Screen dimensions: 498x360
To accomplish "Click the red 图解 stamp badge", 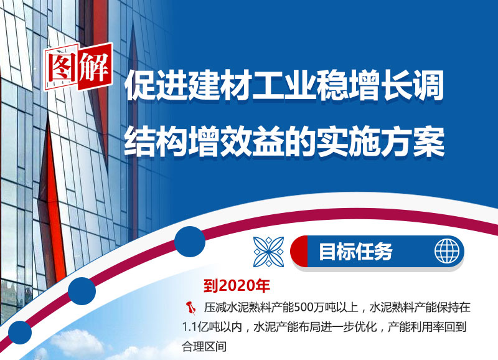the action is [78, 67].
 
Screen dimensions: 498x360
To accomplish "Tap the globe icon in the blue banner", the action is [447, 251].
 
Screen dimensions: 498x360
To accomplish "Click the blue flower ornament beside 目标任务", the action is [268, 252].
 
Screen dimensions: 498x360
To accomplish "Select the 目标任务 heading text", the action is [355, 252].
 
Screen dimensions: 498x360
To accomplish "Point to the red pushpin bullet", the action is [191, 308].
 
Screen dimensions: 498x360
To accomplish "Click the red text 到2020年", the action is [237, 286].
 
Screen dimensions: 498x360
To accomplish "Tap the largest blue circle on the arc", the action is [190, 242].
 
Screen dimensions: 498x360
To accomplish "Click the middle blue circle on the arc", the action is [82, 291].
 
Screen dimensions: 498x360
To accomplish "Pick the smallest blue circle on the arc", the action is [20, 333].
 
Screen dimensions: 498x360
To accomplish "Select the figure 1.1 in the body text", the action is [190, 327].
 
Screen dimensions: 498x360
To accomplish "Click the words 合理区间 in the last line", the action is [204, 346].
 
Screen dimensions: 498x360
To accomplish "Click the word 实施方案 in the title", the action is [380, 142].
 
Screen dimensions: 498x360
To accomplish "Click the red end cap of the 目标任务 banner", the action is [299, 252].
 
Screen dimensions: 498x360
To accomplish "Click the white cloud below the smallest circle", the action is [76, 343].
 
